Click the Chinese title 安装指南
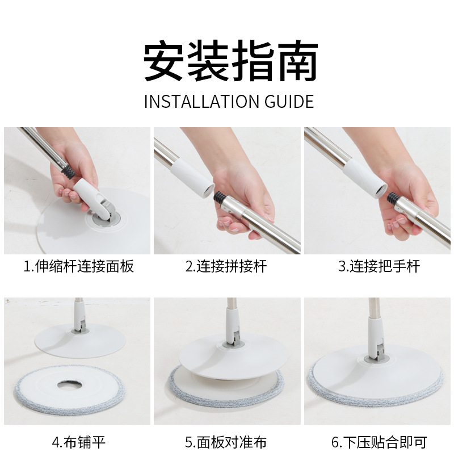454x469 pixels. pos(230,61)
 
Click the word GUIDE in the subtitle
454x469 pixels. pos(289,102)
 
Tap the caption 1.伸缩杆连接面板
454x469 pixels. pos(79,266)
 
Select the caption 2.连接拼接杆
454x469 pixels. pos(226,266)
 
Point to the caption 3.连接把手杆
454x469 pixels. pos(379,266)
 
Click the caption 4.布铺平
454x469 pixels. pos(79,442)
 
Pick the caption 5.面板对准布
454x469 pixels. pos(226,442)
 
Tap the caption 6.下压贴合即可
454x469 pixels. pos(379,442)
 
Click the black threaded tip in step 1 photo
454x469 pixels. pos(69,171)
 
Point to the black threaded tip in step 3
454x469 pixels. pos(393,198)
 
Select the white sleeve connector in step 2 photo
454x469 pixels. pos(193,178)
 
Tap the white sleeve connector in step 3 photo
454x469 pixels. pos(365,178)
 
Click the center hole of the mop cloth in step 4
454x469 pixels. pos(70,384)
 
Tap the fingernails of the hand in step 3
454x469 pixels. pos(397,224)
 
